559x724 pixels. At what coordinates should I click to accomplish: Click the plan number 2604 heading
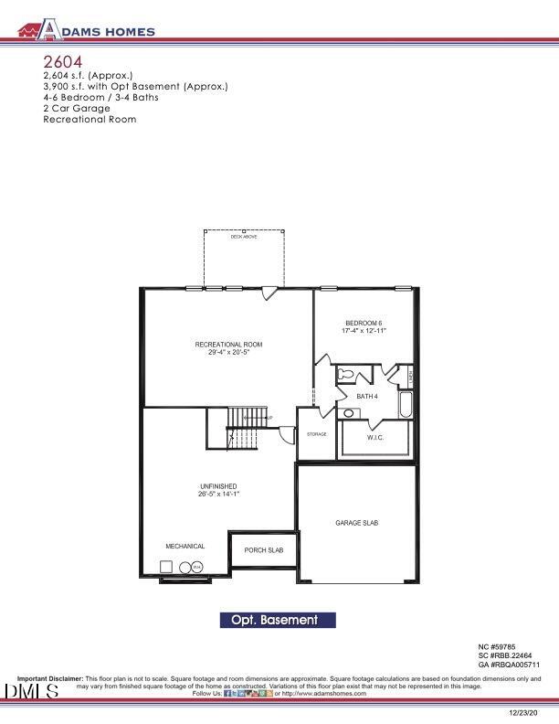tap(62, 60)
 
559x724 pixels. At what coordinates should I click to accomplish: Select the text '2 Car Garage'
tap(77, 108)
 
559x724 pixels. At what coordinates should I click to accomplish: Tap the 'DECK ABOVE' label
tap(244, 237)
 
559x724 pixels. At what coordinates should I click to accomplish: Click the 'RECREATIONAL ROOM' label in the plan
tap(228, 345)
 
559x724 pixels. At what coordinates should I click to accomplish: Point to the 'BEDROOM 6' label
tap(364, 324)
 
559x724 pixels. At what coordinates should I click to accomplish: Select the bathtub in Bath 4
tap(406, 403)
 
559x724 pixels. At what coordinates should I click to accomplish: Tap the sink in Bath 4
tap(348, 413)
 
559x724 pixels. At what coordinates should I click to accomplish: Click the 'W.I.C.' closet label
tap(375, 438)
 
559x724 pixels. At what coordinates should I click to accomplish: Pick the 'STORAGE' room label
tap(317, 434)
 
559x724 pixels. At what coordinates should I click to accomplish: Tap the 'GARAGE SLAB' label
tap(356, 523)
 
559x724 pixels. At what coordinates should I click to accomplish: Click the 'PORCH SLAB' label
tap(263, 550)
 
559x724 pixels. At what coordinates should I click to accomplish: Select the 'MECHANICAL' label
tap(185, 546)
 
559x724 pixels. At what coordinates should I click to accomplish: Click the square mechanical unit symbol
tap(170, 568)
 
